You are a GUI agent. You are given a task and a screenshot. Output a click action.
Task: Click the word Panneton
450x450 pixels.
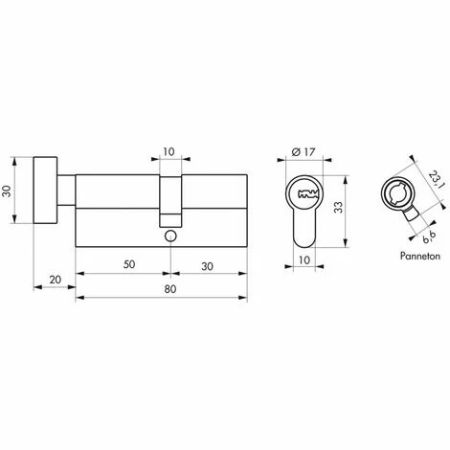420,256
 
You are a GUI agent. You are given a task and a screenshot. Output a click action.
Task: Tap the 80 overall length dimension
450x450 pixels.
170,289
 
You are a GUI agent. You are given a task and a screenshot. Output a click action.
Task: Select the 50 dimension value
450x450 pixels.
129,264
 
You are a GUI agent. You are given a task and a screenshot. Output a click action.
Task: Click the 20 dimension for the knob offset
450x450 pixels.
56,280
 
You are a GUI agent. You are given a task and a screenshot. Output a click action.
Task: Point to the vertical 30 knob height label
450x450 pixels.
7,191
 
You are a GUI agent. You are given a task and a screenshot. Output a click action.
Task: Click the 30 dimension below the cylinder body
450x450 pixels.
208,266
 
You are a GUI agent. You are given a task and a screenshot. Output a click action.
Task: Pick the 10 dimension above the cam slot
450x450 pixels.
169,151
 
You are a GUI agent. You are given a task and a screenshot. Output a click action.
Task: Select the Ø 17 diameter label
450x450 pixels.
304,152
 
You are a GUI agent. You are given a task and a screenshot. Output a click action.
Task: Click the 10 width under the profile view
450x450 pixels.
304,260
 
